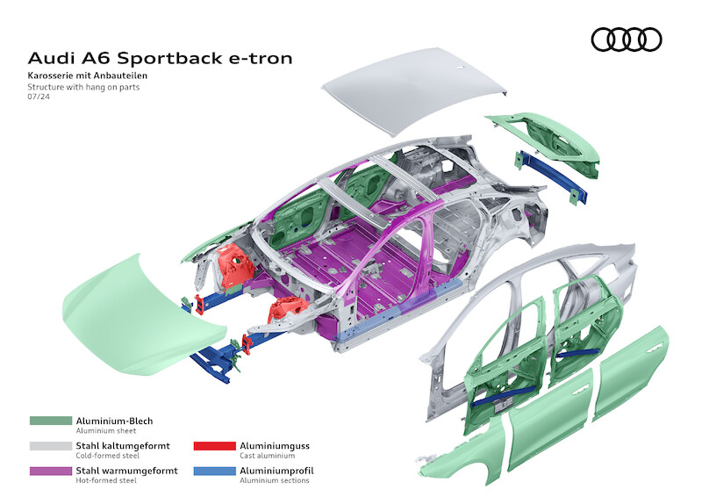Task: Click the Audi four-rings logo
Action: [627, 40]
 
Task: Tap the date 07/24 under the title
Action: [38, 98]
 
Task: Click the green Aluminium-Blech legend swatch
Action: [49, 421]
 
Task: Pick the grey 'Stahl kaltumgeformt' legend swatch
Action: [49, 446]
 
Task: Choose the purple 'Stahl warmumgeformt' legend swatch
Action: [49, 471]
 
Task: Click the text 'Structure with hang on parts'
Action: [82, 88]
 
